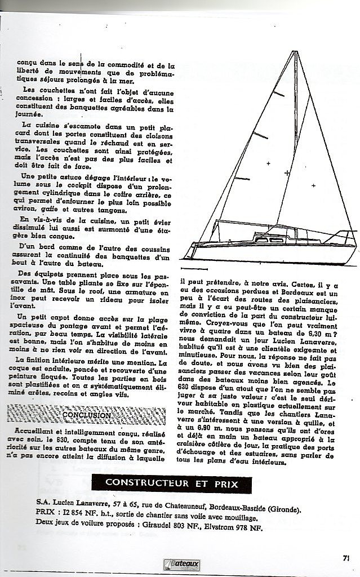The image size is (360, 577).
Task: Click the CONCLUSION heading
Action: [x=86, y=415]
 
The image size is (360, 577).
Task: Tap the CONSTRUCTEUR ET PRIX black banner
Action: [x=171, y=483]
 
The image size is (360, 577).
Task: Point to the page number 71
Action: [x=345, y=558]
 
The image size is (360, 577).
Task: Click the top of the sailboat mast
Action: [x=295, y=52]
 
